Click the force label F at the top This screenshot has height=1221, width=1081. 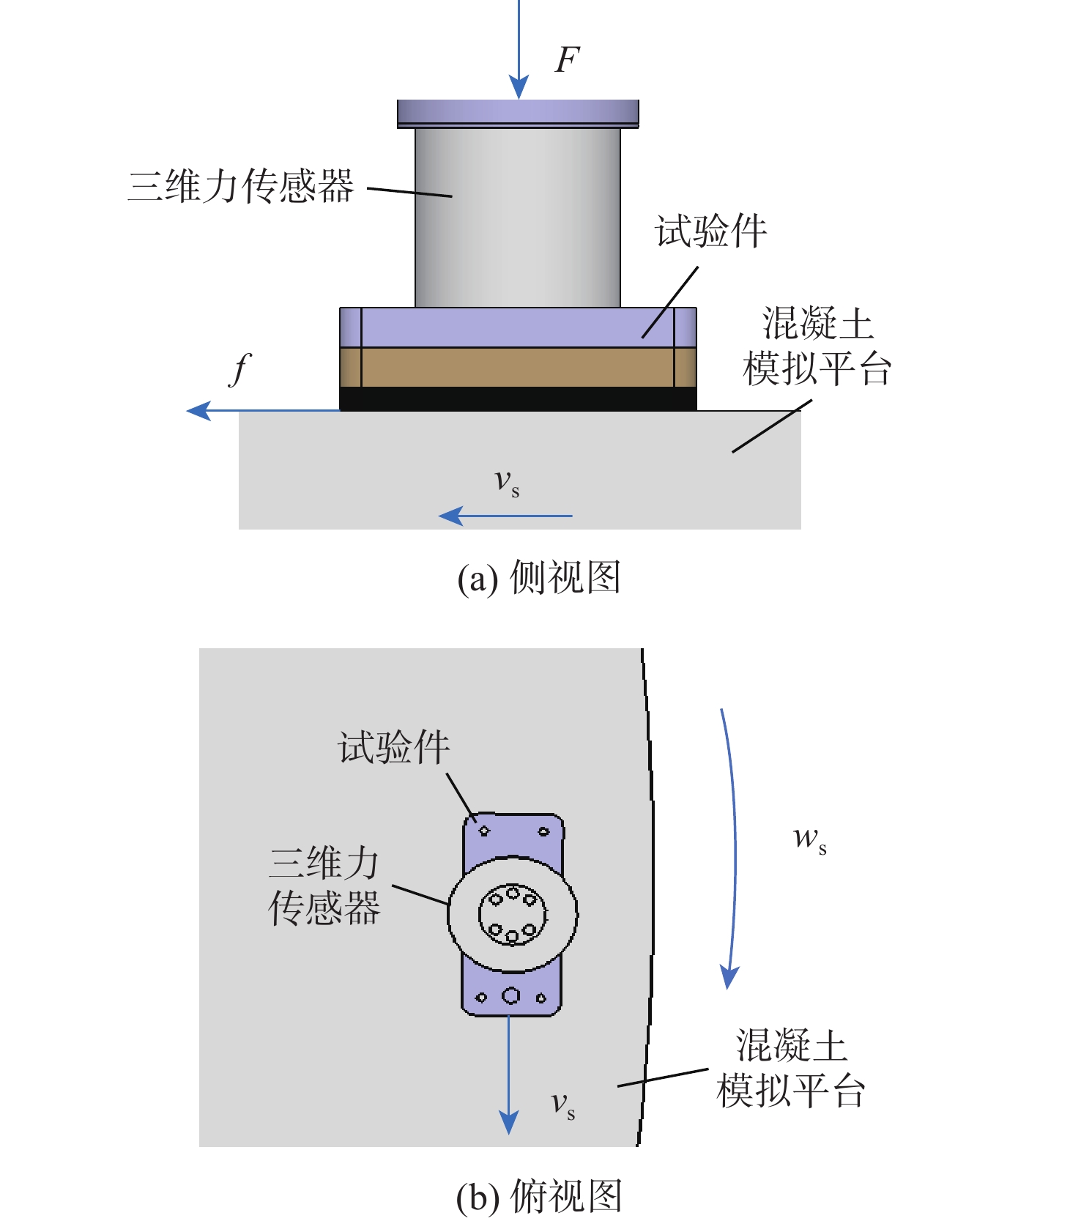click(x=568, y=59)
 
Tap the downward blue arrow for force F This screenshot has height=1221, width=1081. click(x=519, y=49)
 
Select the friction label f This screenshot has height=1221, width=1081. click(x=239, y=368)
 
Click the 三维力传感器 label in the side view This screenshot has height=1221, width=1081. click(x=241, y=185)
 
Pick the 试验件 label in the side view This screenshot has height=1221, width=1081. click(x=710, y=231)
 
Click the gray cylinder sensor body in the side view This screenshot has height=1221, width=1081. click(x=518, y=218)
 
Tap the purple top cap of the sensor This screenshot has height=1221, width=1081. click(x=518, y=114)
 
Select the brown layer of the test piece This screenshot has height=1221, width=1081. click(x=518, y=367)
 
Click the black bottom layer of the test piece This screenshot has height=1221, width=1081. click(x=518, y=398)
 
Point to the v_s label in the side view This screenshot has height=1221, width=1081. click(x=507, y=482)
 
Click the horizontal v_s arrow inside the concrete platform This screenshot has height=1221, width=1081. click(x=505, y=516)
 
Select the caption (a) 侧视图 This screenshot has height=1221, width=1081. click(x=539, y=577)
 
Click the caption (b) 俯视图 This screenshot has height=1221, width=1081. click(x=539, y=1196)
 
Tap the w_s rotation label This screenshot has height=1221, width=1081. click(x=810, y=839)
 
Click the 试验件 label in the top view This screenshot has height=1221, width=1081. click(x=393, y=748)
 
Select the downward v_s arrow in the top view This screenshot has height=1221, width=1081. click(x=509, y=1075)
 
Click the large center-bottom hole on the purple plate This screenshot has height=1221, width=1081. click(x=510, y=995)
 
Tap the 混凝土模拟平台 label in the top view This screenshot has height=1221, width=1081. click(x=791, y=1068)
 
